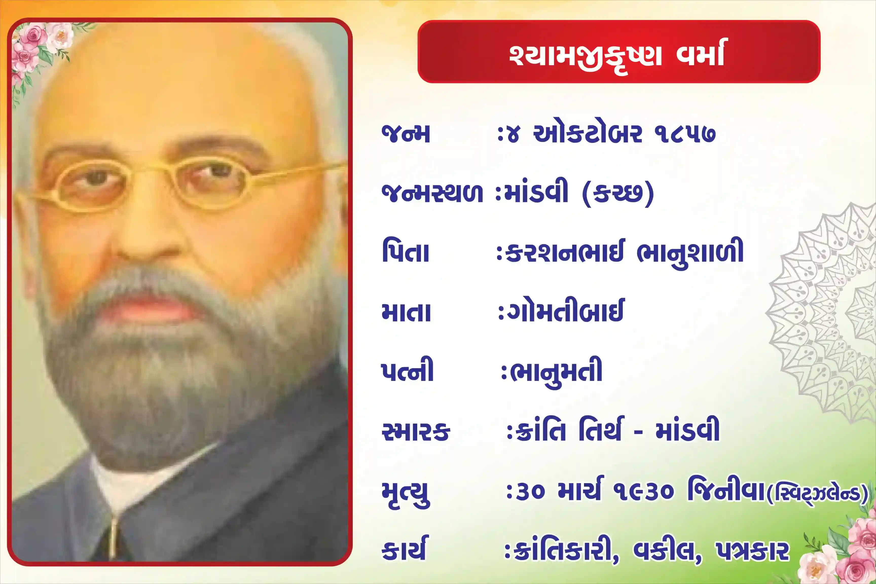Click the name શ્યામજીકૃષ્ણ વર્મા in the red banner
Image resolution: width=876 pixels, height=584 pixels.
[617, 55]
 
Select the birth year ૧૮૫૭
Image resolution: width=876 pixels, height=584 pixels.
[685, 134]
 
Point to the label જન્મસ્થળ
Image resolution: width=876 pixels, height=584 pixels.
[432, 193]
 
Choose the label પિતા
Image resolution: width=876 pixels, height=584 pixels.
[406, 252]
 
